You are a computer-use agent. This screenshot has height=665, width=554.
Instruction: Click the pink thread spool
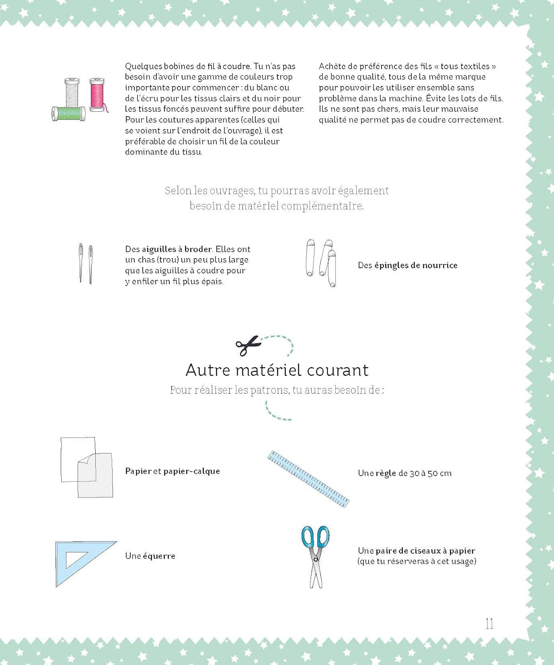97,94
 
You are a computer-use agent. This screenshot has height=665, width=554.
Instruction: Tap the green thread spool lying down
69,114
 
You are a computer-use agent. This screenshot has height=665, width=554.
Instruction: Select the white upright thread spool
72,94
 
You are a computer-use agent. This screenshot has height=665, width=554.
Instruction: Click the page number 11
489,624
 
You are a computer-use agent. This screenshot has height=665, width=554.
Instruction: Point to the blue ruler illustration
308,479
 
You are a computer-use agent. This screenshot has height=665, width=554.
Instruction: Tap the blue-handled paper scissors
315,556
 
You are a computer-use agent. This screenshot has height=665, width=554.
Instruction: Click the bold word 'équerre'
159,556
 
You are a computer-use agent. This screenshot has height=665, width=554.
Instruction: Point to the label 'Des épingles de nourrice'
407,265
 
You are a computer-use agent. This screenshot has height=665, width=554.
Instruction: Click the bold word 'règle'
386,473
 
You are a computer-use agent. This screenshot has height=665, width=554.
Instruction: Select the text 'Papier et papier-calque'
172,471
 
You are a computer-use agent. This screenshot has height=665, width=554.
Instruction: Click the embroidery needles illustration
86,263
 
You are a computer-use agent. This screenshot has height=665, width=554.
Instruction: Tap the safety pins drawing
321,263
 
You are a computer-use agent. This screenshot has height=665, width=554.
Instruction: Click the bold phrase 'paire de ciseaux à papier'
425,551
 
